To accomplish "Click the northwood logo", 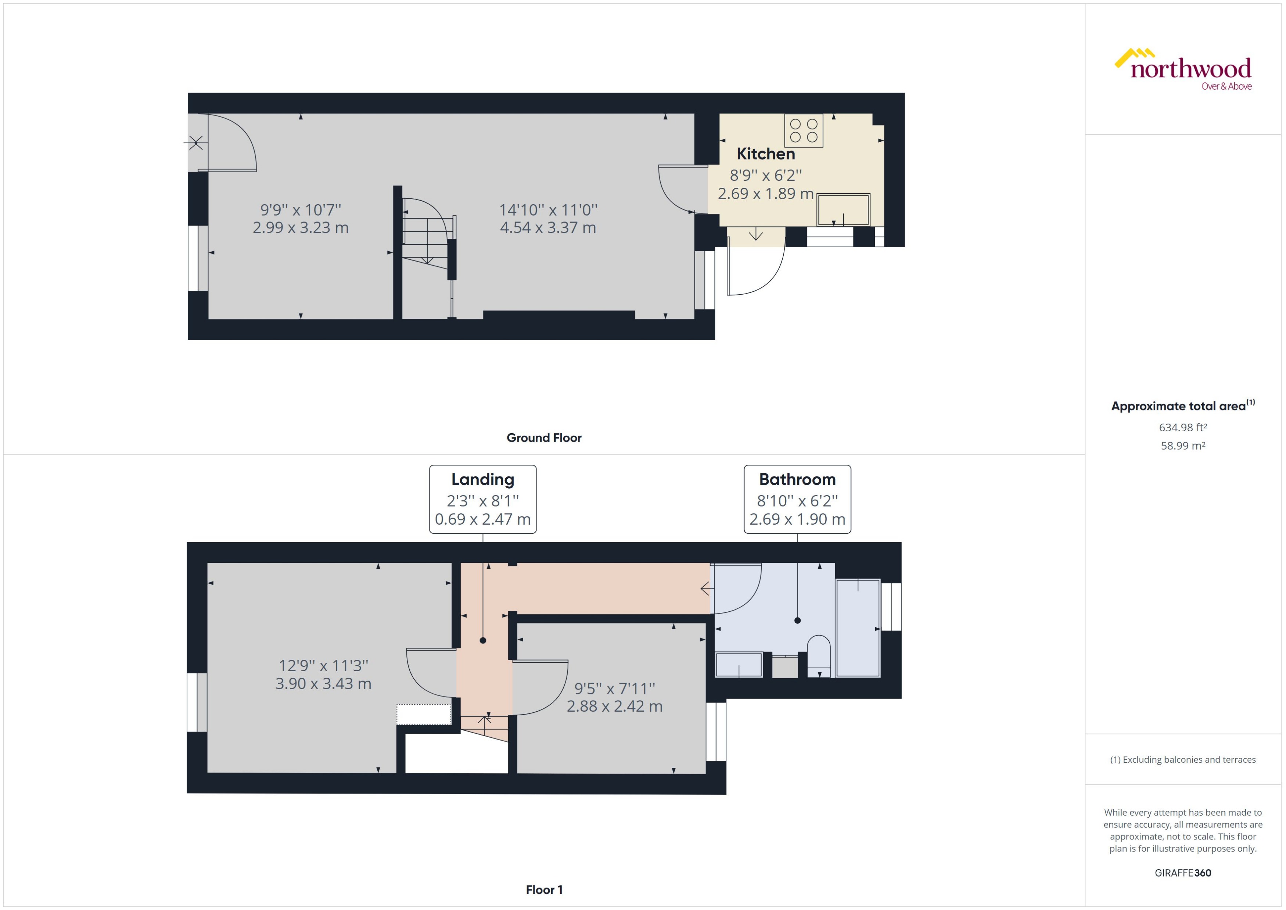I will click(1183, 70).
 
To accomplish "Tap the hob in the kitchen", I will click(804, 130).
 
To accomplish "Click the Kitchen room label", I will click(765, 154).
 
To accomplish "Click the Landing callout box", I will click(482, 499).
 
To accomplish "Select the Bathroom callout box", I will click(797, 499).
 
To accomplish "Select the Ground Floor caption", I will click(543, 438).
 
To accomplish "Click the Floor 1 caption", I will click(543, 890).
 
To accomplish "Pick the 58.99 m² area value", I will click(1182, 446).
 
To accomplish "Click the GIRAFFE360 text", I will click(1182, 873).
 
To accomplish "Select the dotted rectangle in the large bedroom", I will click(424, 714).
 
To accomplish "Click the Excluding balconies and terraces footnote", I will click(1182, 760).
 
